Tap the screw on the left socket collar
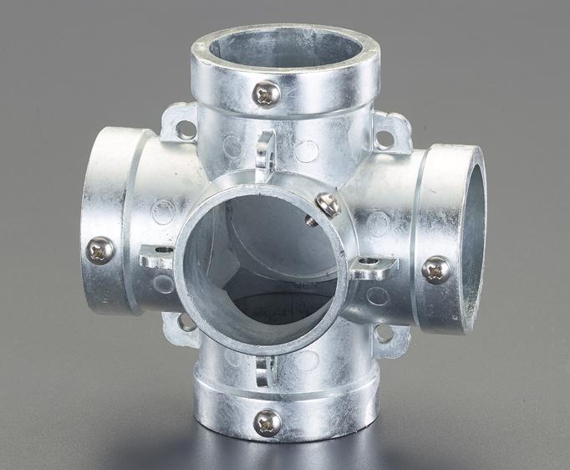tap(100, 248)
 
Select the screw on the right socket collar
tap(435, 268)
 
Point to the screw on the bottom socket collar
tap(267, 421)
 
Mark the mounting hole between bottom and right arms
tap(384, 334)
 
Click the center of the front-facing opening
tap(259, 259)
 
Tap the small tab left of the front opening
tap(156, 258)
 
